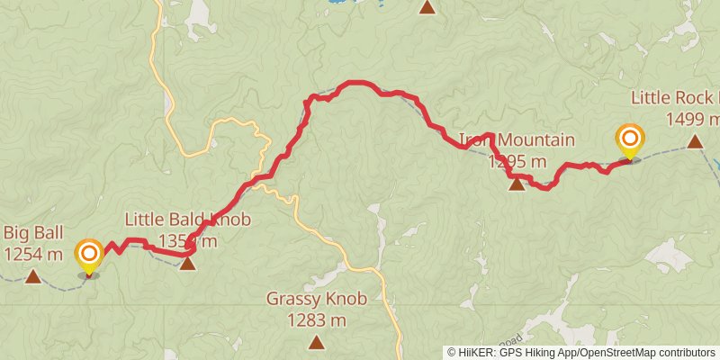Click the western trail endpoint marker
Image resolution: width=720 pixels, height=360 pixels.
tap(89, 255)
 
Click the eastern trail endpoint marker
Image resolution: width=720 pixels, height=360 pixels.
tap(630, 139)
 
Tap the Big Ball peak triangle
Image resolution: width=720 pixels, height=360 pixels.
tap(32, 276)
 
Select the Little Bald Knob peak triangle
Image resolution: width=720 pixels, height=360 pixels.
tap(187, 263)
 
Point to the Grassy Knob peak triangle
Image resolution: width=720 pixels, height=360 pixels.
tap(316, 341)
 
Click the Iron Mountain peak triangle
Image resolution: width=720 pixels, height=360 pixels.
tap(517, 184)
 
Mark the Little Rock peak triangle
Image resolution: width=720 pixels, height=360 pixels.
tap(695, 141)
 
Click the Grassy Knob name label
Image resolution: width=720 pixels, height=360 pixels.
tap(317, 299)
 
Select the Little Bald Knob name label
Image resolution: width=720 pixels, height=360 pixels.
tap(187, 220)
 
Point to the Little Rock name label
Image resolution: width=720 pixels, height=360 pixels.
tap(675, 97)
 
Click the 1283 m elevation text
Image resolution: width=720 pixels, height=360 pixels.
tap(317, 319)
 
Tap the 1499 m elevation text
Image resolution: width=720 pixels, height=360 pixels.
tap(691, 119)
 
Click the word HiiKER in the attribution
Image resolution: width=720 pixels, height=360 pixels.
tap(478, 353)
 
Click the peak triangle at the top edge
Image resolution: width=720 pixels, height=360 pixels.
tap(427, 7)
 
